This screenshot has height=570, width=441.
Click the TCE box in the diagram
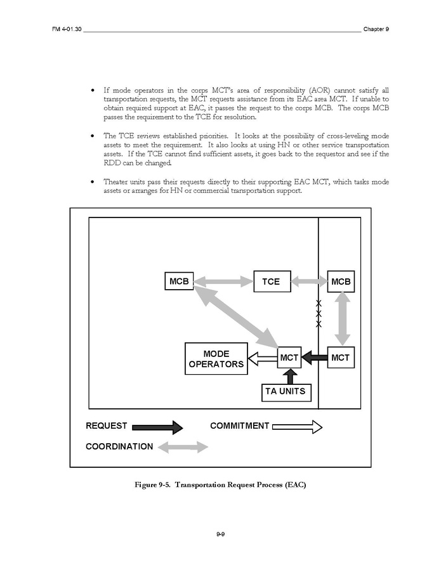(271, 281)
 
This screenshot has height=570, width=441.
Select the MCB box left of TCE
(179, 281)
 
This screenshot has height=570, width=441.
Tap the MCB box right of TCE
(341, 281)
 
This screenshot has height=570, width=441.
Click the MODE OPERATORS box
(216, 359)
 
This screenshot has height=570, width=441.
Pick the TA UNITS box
(286, 391)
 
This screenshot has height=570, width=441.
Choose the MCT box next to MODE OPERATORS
(289, 358)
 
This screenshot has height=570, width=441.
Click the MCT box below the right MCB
(341, 358)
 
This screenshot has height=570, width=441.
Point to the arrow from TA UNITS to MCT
(290, 375)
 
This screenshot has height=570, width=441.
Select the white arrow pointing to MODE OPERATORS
(263, 359)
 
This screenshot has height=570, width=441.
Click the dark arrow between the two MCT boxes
(315, 358)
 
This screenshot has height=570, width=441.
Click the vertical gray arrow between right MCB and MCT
(341, 319)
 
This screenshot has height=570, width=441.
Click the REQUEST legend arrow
(159, 427)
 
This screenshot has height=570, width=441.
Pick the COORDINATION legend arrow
(183, 447)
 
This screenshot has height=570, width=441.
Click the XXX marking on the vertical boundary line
(319, 314)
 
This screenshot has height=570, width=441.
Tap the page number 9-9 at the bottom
(220, 536)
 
